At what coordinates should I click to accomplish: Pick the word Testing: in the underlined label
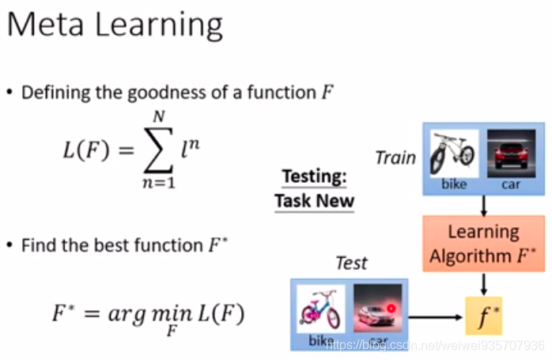coord(314,176)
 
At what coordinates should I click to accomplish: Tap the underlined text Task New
coord(314,200)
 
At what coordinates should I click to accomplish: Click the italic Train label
coord(395,157)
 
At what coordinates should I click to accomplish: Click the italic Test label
coord(351,262)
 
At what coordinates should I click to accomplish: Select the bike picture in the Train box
coord(454,153)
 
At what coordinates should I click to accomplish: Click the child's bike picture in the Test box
coord(320,309)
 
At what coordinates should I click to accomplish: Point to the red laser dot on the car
coord(391,306)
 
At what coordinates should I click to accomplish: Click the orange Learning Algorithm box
coord(483,244)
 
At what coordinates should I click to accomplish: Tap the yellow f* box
coord(483,316)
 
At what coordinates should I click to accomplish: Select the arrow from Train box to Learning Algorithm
coord(483,205)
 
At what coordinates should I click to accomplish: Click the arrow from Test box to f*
coord(436,316)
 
